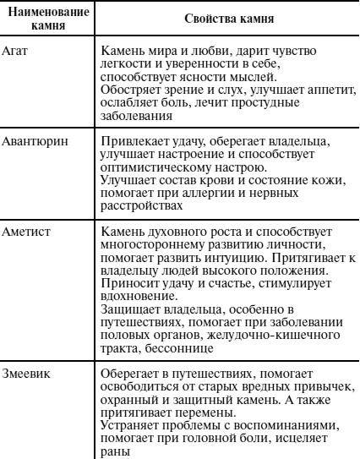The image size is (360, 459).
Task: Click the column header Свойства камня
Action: pos(214,18)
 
